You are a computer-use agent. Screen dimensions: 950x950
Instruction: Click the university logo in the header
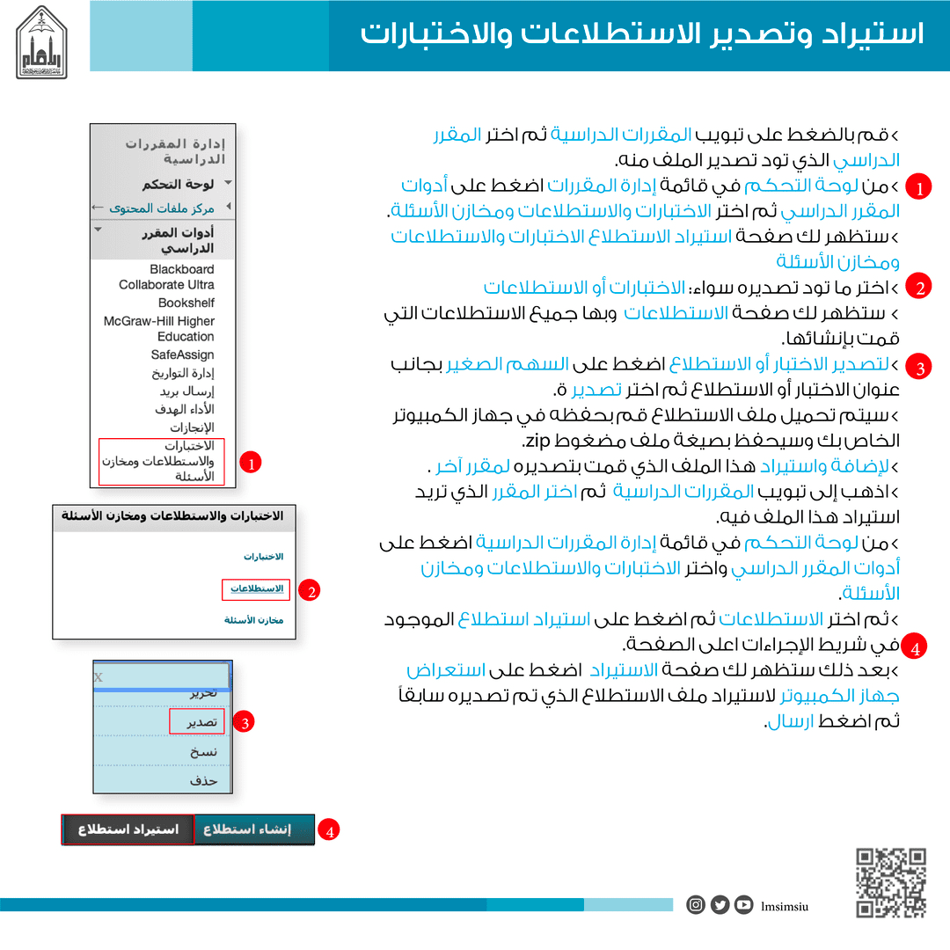(x=42, y=42)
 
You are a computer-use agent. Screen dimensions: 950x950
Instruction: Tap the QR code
(x=891, y=882)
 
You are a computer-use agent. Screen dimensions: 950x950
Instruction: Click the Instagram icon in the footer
(x=696, y=904)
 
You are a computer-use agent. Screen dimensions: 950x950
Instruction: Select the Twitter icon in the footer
(x=720, y=904)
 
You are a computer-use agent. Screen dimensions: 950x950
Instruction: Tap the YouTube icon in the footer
(x=743, y=904)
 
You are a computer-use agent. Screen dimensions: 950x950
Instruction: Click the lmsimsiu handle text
(x=786, y=905)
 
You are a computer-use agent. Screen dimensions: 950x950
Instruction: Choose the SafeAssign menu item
(x=182, y=354)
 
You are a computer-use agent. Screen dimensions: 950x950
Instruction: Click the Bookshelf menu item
(x=186, y=303)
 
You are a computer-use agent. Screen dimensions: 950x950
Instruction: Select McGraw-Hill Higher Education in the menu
(x=159, y=329)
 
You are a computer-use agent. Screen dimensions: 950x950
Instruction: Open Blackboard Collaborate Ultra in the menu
(x=167, y=277)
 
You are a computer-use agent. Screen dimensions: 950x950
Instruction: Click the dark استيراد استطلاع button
(x=128, y=829)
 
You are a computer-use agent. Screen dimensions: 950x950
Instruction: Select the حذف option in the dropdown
(x=203, y=779)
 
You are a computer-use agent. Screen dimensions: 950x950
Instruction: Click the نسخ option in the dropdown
(x=203, y=751)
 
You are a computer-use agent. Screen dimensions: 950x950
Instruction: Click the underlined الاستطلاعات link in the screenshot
(x=256, y=588)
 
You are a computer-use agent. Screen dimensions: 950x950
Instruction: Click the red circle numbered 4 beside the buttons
(x=329, y=829)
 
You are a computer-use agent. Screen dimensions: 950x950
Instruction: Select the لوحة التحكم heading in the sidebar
(x=178, y=185)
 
